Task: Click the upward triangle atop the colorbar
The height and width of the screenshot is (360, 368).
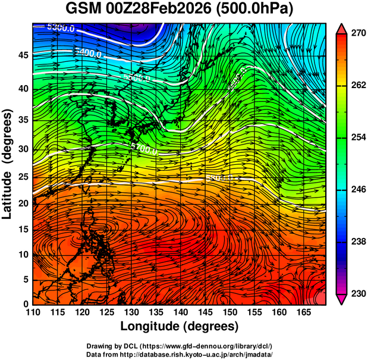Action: [342, 28]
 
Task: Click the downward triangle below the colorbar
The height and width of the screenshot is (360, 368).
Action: [342, 299]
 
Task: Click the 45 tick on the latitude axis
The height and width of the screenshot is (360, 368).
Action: [22, 55]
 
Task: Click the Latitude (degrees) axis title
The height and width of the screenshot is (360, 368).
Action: [8, 164]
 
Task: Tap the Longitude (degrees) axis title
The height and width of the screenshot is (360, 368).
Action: [180, 326]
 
